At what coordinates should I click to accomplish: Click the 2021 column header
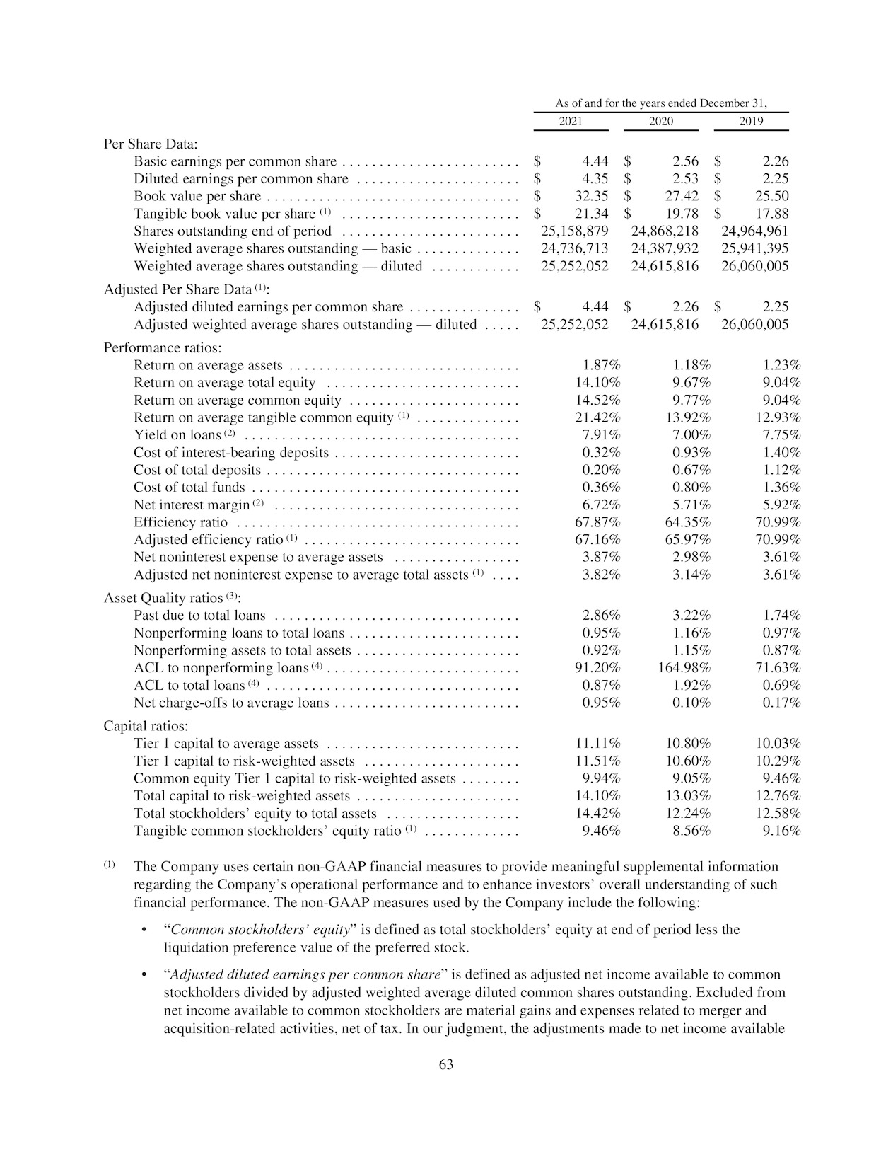571,121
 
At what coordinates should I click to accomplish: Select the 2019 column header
751,121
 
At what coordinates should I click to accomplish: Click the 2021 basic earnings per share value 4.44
595,161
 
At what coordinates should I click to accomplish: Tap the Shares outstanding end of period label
233,231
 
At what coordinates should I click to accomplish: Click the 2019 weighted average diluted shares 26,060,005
754,266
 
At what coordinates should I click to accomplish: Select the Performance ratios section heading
163,348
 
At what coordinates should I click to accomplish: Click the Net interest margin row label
192,505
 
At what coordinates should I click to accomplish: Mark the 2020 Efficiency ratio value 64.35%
688,522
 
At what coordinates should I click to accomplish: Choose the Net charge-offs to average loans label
231,703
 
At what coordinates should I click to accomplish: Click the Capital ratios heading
146,726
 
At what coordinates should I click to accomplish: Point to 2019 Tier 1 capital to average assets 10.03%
778,744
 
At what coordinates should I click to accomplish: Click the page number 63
446,1064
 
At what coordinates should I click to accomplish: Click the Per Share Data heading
151,144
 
